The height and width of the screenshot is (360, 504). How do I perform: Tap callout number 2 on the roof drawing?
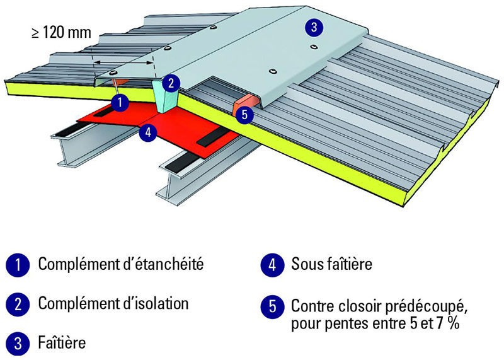pyautogui.click(x=171, y=82)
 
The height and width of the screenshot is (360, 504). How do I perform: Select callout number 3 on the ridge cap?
pyautogui.click(x=312, y=26)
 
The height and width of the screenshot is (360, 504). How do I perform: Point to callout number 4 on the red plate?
pyautogui.click(x=147, y=132)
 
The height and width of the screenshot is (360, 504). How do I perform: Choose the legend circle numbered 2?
pyautogui.click(x=19, y=305)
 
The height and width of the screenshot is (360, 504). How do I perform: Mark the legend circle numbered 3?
pyautogui.click(x=19, y=344)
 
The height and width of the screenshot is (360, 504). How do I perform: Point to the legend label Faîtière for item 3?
pyautogui.click(x=62, y=344)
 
